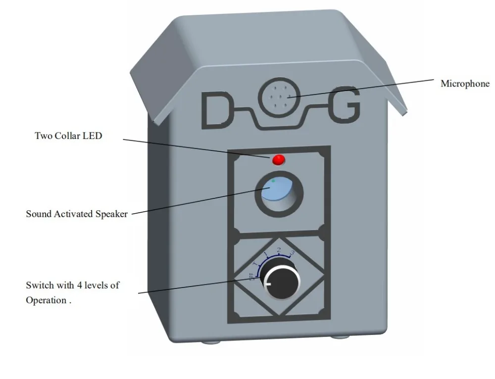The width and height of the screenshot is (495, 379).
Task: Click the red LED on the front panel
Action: tap(279, 159)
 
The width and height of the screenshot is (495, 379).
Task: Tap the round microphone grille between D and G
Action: tap(281, 97)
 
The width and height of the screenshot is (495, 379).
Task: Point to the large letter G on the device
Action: tap(344, 105)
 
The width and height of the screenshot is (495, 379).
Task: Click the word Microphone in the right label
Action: tap(465, 84)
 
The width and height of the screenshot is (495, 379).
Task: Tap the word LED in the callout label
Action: tap(93, 135)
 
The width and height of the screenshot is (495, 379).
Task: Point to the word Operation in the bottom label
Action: tap(46, 300)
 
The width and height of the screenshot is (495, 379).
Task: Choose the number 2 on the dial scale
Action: tap(279, 250)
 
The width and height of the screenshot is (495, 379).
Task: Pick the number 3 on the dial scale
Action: tap(293, 253)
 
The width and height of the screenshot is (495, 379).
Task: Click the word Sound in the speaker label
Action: tap(38, 214)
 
